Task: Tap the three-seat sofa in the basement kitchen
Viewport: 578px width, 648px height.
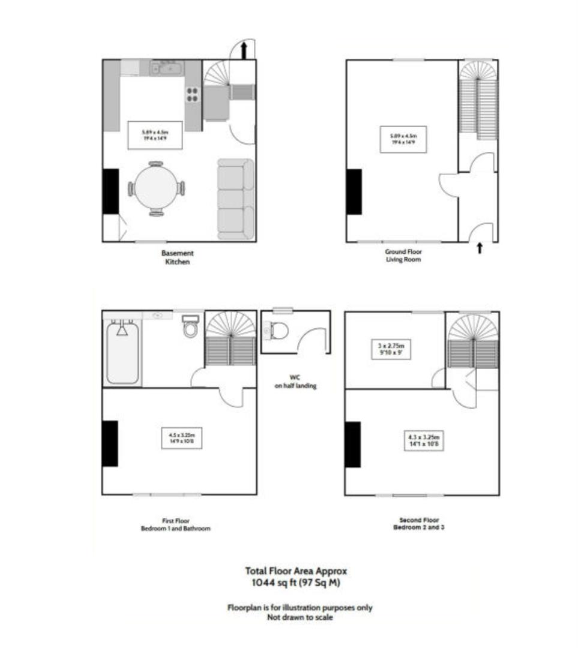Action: point(235,199)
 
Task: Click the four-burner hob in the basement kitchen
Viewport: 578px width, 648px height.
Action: point(193,95)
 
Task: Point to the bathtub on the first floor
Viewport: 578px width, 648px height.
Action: point(123,352)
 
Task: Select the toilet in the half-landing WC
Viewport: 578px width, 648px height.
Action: point(277,330)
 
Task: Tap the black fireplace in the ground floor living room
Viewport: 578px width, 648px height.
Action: point(354,192)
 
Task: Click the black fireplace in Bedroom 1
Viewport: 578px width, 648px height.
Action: point(110,443)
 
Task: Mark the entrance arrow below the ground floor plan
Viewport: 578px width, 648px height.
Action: point(479,248)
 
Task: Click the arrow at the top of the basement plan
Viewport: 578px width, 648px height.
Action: point(244,50)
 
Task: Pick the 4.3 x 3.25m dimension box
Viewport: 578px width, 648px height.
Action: point(423,441)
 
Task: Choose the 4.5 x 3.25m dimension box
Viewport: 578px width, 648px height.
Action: point(181,437)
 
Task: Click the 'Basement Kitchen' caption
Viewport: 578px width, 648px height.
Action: point(177,258)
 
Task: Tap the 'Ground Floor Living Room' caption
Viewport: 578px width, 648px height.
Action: point(403,256)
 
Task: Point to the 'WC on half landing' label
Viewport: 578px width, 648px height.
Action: point(295,382)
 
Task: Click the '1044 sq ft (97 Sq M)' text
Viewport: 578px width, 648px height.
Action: point(295,583)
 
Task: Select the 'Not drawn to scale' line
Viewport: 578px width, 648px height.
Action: point(300,617)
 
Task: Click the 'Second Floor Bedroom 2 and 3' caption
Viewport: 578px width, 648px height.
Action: point(419,524)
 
